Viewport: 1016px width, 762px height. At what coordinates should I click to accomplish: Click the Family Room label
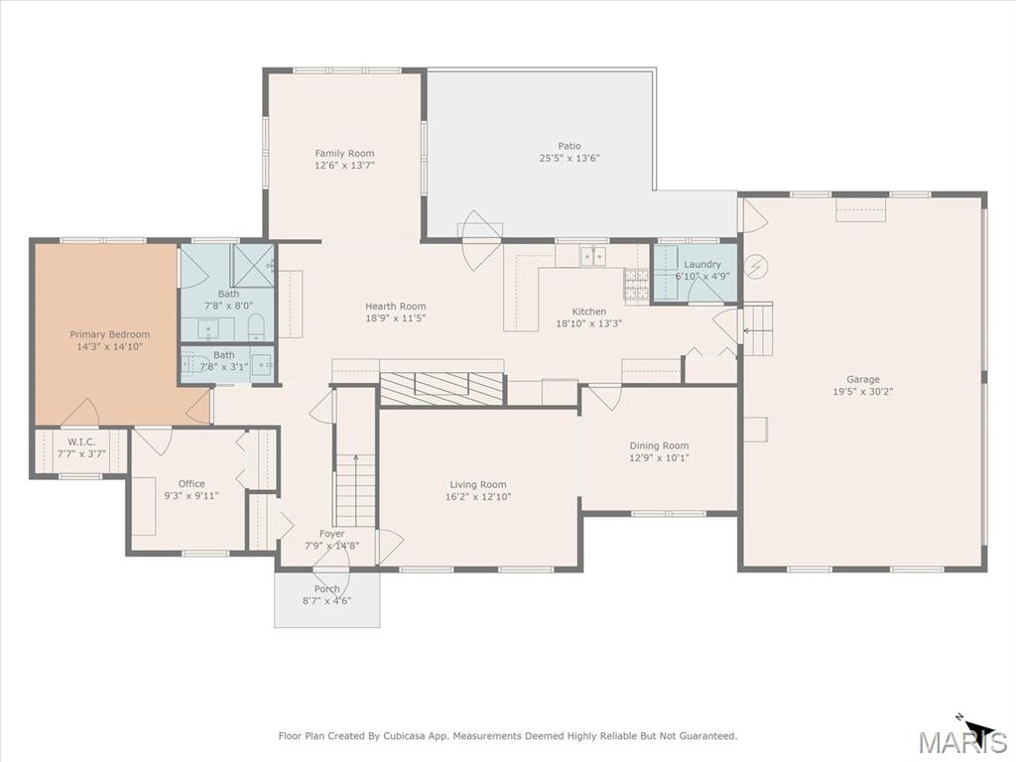point(344,153)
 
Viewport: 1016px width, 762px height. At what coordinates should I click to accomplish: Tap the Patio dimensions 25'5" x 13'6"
point(570,159)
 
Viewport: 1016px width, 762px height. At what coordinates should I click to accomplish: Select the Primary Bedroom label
point(109,334)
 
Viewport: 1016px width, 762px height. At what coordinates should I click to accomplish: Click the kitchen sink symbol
point(593,256)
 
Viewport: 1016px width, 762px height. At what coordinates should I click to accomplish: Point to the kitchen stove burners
point(636,285)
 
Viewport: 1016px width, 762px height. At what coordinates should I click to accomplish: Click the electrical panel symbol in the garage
point(758,266)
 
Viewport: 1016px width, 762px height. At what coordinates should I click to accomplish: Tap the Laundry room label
point(702,264)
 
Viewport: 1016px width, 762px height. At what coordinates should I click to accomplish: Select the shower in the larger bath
point(252,265)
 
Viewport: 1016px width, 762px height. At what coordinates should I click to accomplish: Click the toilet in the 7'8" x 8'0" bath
point(255,327)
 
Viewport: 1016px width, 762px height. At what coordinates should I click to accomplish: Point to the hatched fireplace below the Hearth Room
point(442,388)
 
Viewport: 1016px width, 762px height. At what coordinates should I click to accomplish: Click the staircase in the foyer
point(355,490)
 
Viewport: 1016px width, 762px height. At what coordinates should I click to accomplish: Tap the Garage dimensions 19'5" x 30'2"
point(862,392)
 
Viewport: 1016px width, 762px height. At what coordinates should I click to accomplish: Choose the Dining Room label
point(659,445)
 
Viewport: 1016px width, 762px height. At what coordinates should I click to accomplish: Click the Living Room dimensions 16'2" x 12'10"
point(478,497)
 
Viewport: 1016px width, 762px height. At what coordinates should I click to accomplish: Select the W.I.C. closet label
point(81,442)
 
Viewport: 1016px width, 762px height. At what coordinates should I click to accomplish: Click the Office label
point(191,483)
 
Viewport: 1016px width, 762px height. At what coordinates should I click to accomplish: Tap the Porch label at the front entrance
point(326,588)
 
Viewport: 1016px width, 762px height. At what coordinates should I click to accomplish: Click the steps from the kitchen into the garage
point(758,329)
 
